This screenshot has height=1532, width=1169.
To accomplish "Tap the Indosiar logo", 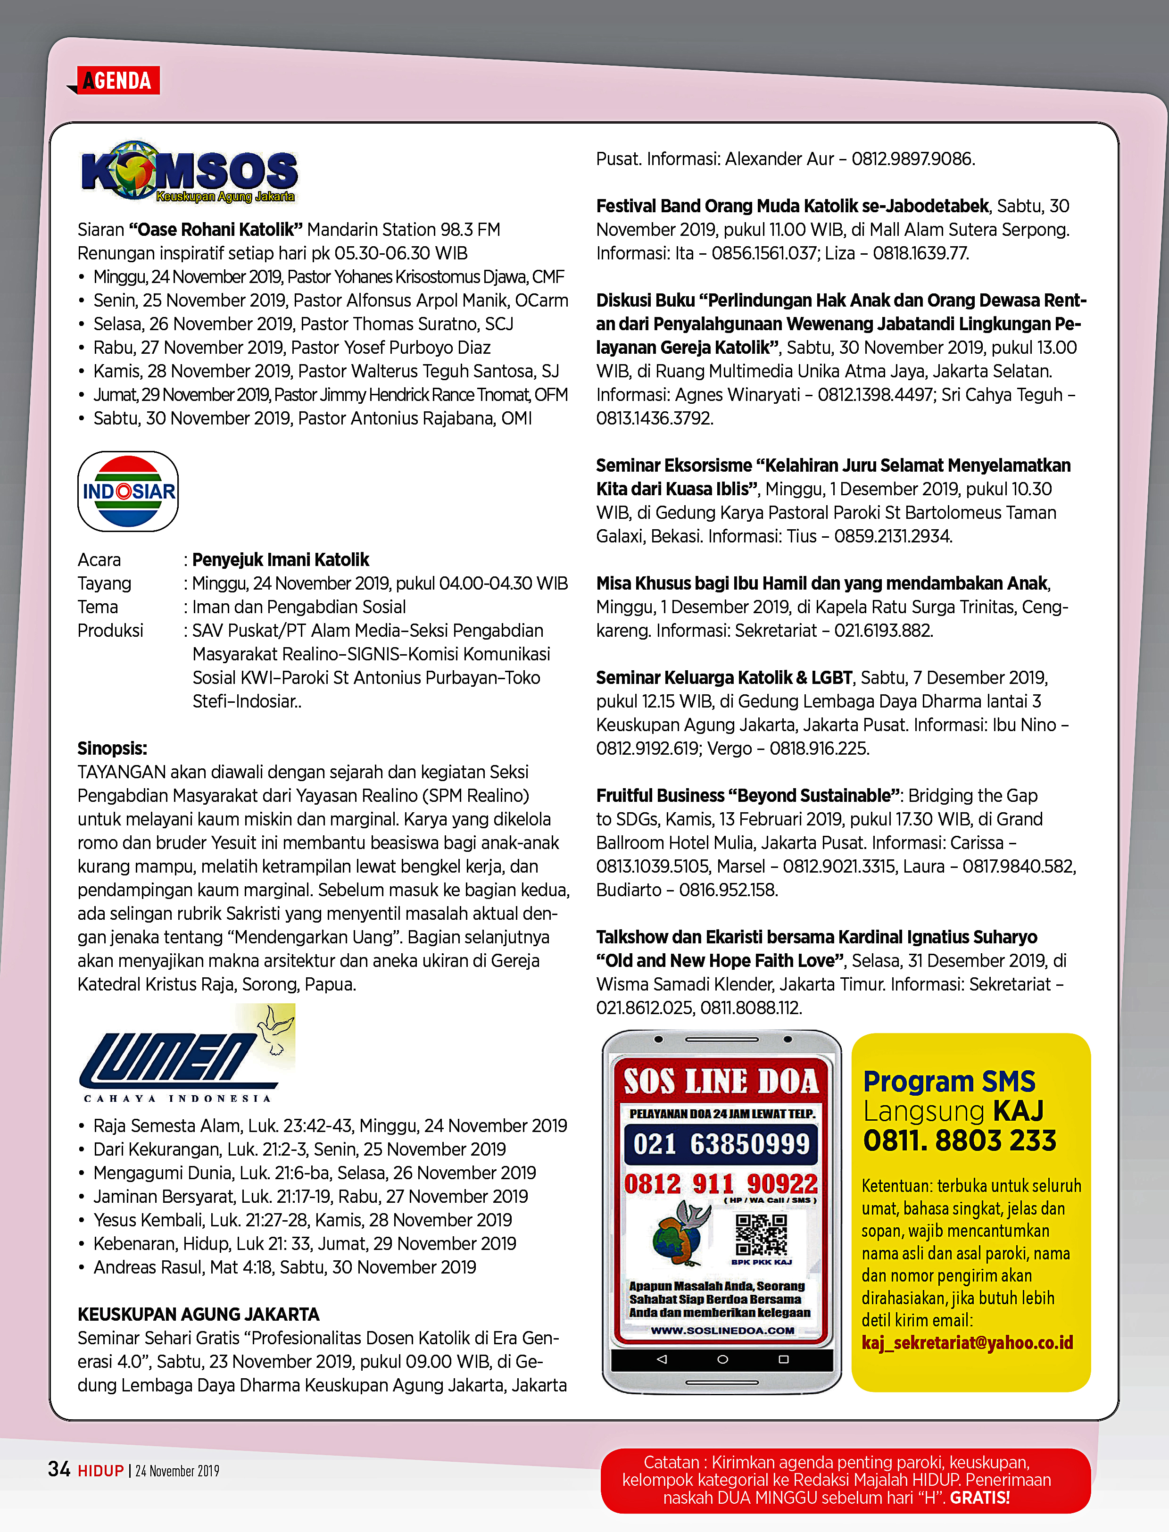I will tap(129, 491).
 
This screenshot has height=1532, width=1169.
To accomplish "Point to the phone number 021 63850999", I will tap(721, 1144).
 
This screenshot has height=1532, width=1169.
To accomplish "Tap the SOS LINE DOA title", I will tap(721, 1081).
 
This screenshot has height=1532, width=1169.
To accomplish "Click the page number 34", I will tap(59, 1469).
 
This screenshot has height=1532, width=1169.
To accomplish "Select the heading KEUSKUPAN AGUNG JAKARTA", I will tap(199, 1314).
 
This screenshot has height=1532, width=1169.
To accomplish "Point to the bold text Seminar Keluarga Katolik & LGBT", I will tap(724, 678).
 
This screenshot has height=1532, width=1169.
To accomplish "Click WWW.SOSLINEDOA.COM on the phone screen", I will tap(722, 1330).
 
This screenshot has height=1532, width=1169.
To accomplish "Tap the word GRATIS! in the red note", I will tap(980, 1497).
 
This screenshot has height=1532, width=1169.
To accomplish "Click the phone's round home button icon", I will tap(722, 1359).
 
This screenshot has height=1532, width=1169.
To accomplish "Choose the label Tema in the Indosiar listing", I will tap(98, 607).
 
